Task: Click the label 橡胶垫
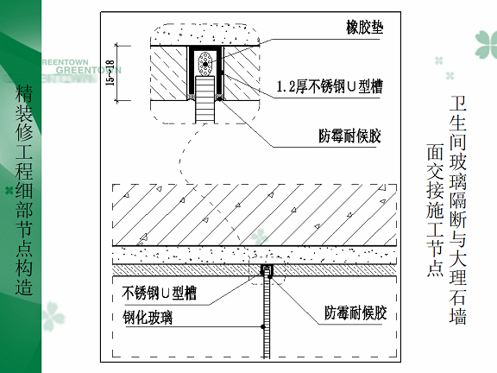(364, 28)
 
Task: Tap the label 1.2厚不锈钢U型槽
(330, 86)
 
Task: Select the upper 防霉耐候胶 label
(349, 136)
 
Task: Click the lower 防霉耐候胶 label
(355, 313)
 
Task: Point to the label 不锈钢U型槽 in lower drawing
(159, 293)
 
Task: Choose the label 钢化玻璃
(148, 318)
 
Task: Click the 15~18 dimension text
(110, 73)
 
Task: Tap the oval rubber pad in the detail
(205, 64)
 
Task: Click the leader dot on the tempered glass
(263, 326)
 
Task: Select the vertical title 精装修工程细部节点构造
(24, 190)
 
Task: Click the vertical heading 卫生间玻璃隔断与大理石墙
(457, 210)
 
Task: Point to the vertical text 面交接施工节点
(435, 211)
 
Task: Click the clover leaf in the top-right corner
(487, 44)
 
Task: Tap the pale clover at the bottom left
(53, 316)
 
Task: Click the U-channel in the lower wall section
(267, 270)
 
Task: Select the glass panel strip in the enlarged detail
(204, 99)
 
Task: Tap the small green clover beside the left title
(9, 191)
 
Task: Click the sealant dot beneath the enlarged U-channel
(219, 99)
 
